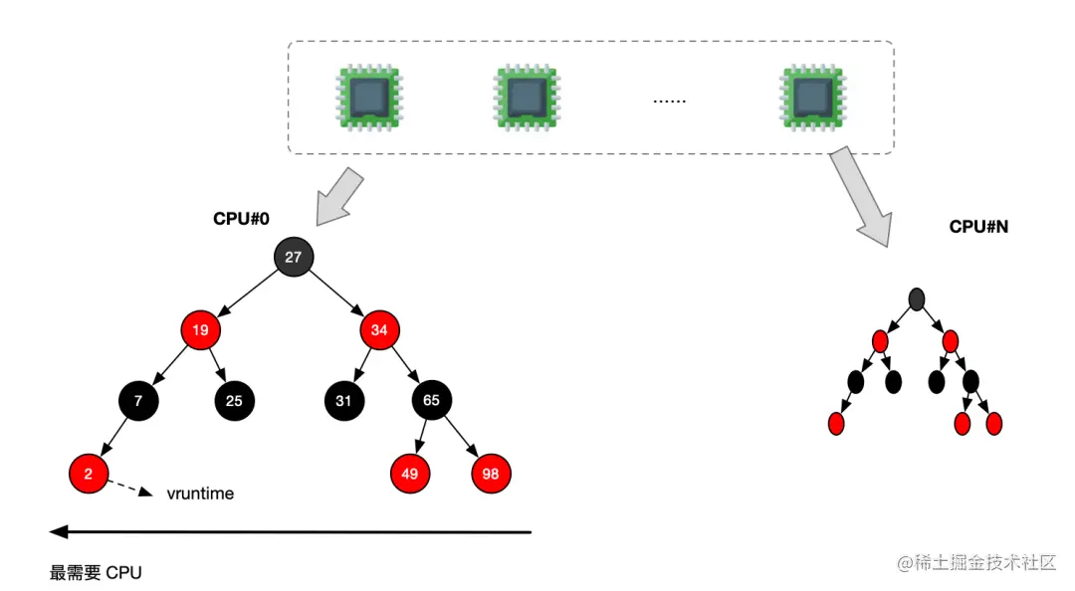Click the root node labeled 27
coord(293,257)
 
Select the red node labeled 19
coord(200,328)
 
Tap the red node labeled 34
coord(379,328)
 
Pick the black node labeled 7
coord(138,400)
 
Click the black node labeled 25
coord(234,400)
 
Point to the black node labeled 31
coord(343,400)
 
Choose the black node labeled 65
coord(432,400)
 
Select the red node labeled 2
coord(89,474)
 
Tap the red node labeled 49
coord(409,474)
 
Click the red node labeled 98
coord(491,474)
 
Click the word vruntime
coord(200,492)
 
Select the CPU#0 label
coord(241,219)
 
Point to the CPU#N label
coord(978,227)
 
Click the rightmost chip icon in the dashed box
coord(810,98)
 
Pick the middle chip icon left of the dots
coord(527,98)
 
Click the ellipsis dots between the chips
coord(669,100)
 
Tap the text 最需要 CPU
coord(96,572)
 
